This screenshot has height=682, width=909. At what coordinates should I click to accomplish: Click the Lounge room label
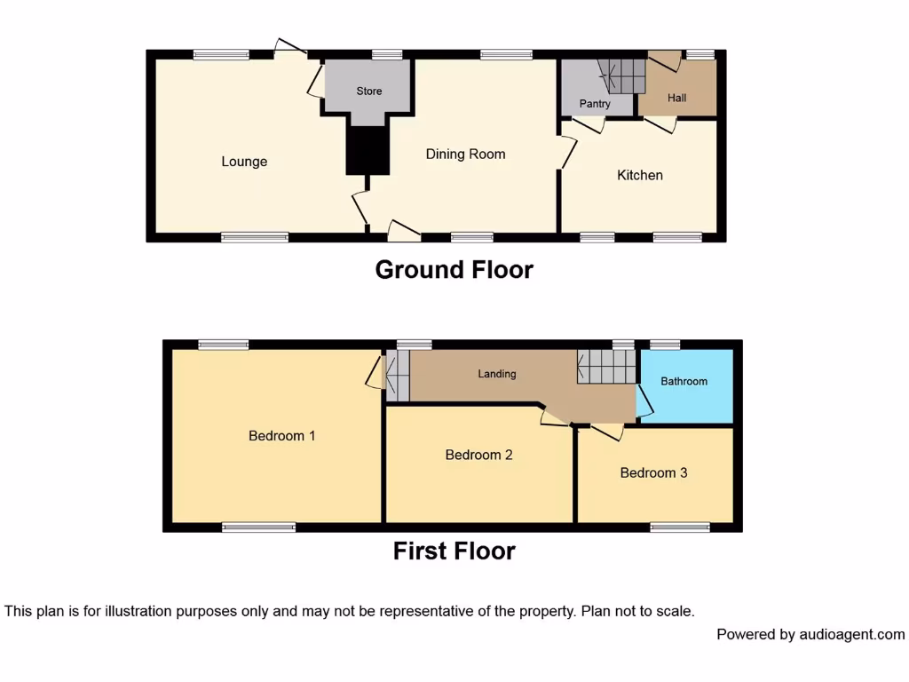(244, 162)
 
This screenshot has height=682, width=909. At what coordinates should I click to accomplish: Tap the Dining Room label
(465, 154)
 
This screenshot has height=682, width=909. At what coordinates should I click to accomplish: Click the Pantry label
(595, 104)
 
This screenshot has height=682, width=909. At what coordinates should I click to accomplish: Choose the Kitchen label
(640, 175)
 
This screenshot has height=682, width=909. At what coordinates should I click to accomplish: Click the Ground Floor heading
(454, 269)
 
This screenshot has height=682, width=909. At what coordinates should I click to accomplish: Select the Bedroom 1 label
(282, 436)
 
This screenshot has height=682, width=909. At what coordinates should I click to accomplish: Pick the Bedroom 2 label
(478, 455)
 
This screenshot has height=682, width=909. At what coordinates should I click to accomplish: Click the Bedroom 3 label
(653, 472)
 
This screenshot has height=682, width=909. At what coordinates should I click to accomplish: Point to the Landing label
(497, 374)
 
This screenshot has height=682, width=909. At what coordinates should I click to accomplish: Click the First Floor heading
(454, 551)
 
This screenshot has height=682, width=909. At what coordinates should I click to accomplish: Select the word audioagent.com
(852, 634)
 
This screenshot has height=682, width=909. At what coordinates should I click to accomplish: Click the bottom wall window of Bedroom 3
(680, 527)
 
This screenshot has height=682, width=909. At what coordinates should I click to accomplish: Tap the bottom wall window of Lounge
(255, 237)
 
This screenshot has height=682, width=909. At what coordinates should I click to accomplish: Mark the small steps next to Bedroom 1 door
(397, 375)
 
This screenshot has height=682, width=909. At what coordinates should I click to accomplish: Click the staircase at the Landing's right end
(607, 366)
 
